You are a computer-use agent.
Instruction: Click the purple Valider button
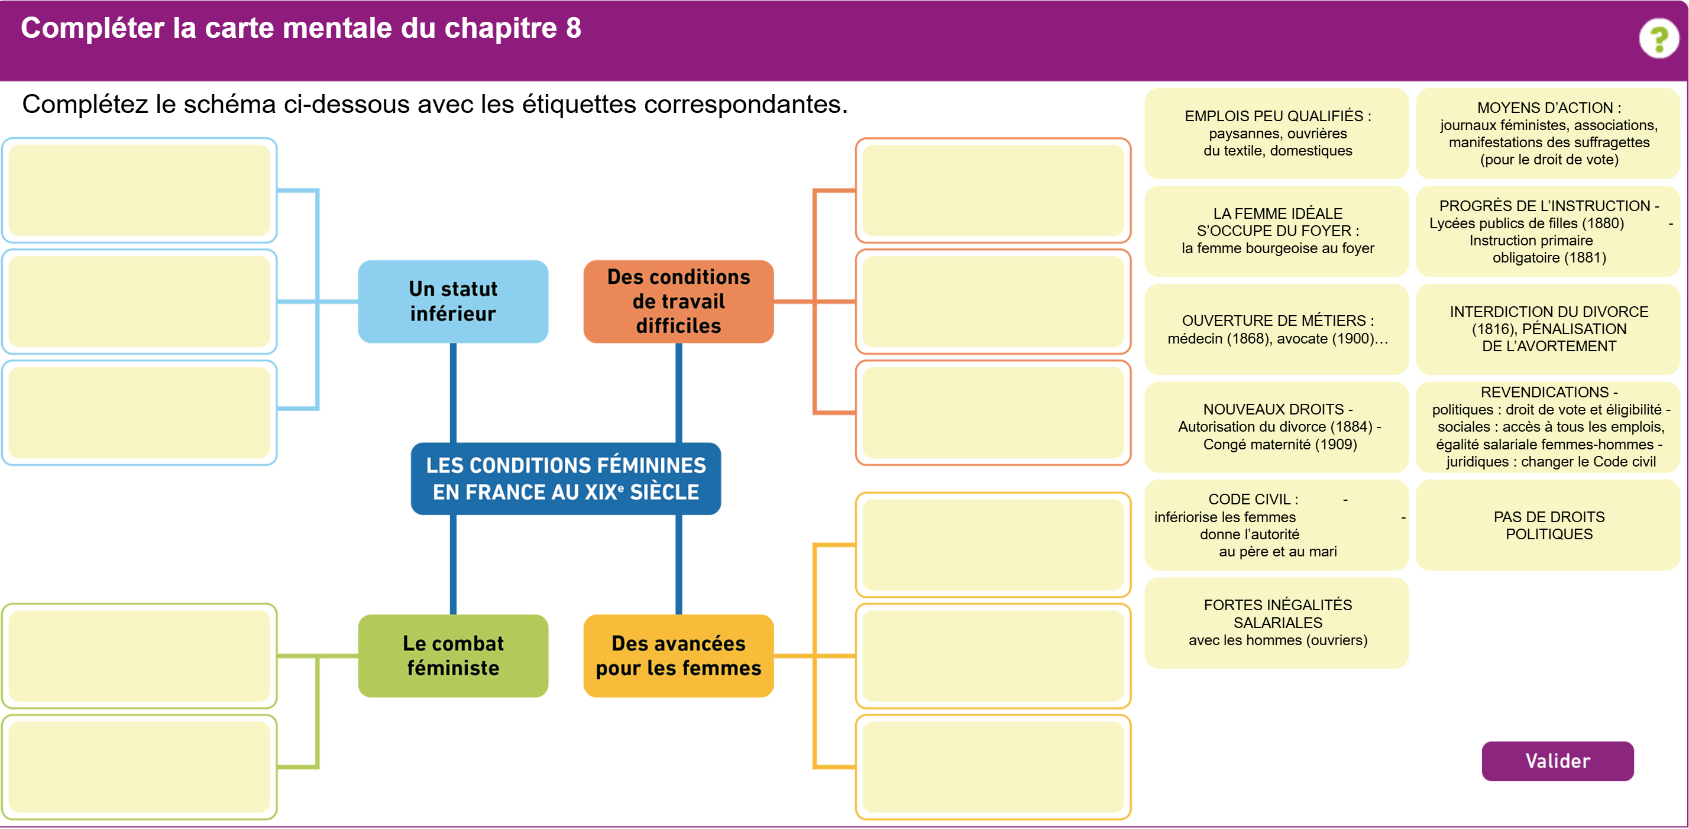pos(1557,761)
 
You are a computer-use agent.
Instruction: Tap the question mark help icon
pos(1659,39)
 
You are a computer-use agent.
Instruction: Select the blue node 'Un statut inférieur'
pos(453,302)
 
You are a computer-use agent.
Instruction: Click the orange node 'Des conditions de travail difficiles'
pos(679,302)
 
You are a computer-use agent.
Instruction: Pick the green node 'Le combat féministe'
pos(453,655)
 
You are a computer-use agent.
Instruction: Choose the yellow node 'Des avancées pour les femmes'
pos(679,655)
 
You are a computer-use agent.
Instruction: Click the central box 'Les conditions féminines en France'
pos(566,478)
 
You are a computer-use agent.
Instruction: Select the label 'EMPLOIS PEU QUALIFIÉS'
pos(1277,133)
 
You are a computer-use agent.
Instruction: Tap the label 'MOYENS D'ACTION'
pos(1549,133)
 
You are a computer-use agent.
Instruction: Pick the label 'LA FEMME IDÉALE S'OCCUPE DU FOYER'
pos(1277,231)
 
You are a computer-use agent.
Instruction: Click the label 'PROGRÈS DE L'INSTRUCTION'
pos(1549,231)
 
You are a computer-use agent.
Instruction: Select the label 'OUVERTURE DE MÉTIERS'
pos(1277,329)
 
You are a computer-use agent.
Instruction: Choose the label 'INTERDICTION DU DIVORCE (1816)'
pos(1549,329)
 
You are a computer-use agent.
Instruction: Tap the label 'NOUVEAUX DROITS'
pos(1277,427)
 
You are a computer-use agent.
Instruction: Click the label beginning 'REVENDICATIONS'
pos(1549,427)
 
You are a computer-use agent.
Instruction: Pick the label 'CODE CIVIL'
pos(1277,525)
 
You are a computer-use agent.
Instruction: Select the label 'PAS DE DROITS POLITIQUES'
pos(1549,525)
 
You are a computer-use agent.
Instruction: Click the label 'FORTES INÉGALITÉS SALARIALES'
pos(1277,623)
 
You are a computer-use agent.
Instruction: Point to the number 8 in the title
pos(573,28)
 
